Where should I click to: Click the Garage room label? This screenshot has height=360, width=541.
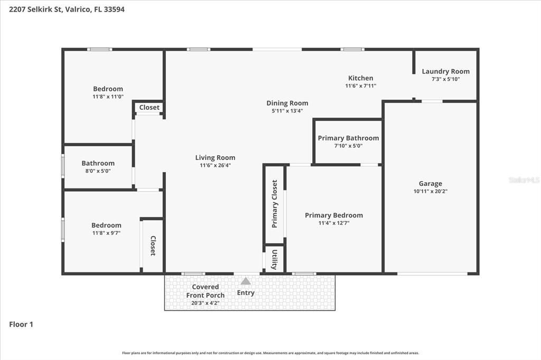430,184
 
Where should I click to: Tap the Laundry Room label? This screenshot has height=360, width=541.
445,71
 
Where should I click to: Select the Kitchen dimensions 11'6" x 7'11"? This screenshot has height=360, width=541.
360,86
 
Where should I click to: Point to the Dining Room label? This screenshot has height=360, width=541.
287,103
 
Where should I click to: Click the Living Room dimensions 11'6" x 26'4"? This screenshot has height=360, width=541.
215,165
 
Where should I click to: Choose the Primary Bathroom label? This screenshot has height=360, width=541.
348,138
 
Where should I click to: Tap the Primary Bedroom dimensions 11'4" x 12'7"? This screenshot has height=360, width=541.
334,223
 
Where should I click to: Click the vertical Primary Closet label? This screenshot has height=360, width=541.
275,204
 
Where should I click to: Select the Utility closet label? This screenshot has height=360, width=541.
275,259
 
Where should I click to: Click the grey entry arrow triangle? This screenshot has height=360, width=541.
245,281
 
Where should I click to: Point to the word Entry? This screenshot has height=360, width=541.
246,293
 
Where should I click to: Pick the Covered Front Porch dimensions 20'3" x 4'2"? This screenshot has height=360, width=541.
206,303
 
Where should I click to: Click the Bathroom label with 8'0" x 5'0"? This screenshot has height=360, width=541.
98,163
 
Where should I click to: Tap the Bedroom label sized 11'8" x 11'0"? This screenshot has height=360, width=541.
108,89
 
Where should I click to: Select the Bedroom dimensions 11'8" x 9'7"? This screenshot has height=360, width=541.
106,233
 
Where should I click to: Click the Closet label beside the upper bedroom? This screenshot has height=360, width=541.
149,107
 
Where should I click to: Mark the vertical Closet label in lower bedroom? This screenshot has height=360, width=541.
153,245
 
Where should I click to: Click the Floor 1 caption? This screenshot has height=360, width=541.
21,324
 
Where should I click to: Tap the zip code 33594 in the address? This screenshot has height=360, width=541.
114,10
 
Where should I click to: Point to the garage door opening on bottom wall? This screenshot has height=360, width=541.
432,274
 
